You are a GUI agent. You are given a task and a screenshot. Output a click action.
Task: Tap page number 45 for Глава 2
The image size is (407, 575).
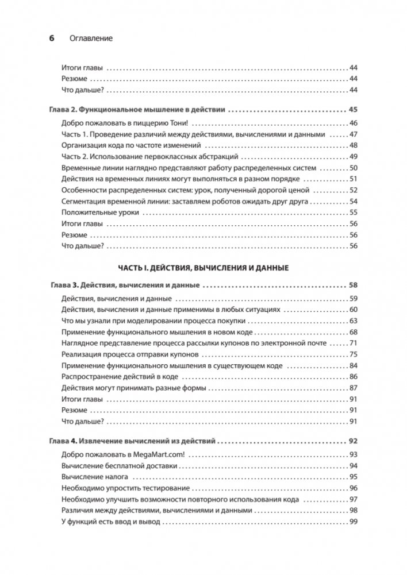(x=354, y=109)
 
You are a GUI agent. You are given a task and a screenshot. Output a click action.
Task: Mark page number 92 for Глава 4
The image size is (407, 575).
(x=354, y=442)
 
